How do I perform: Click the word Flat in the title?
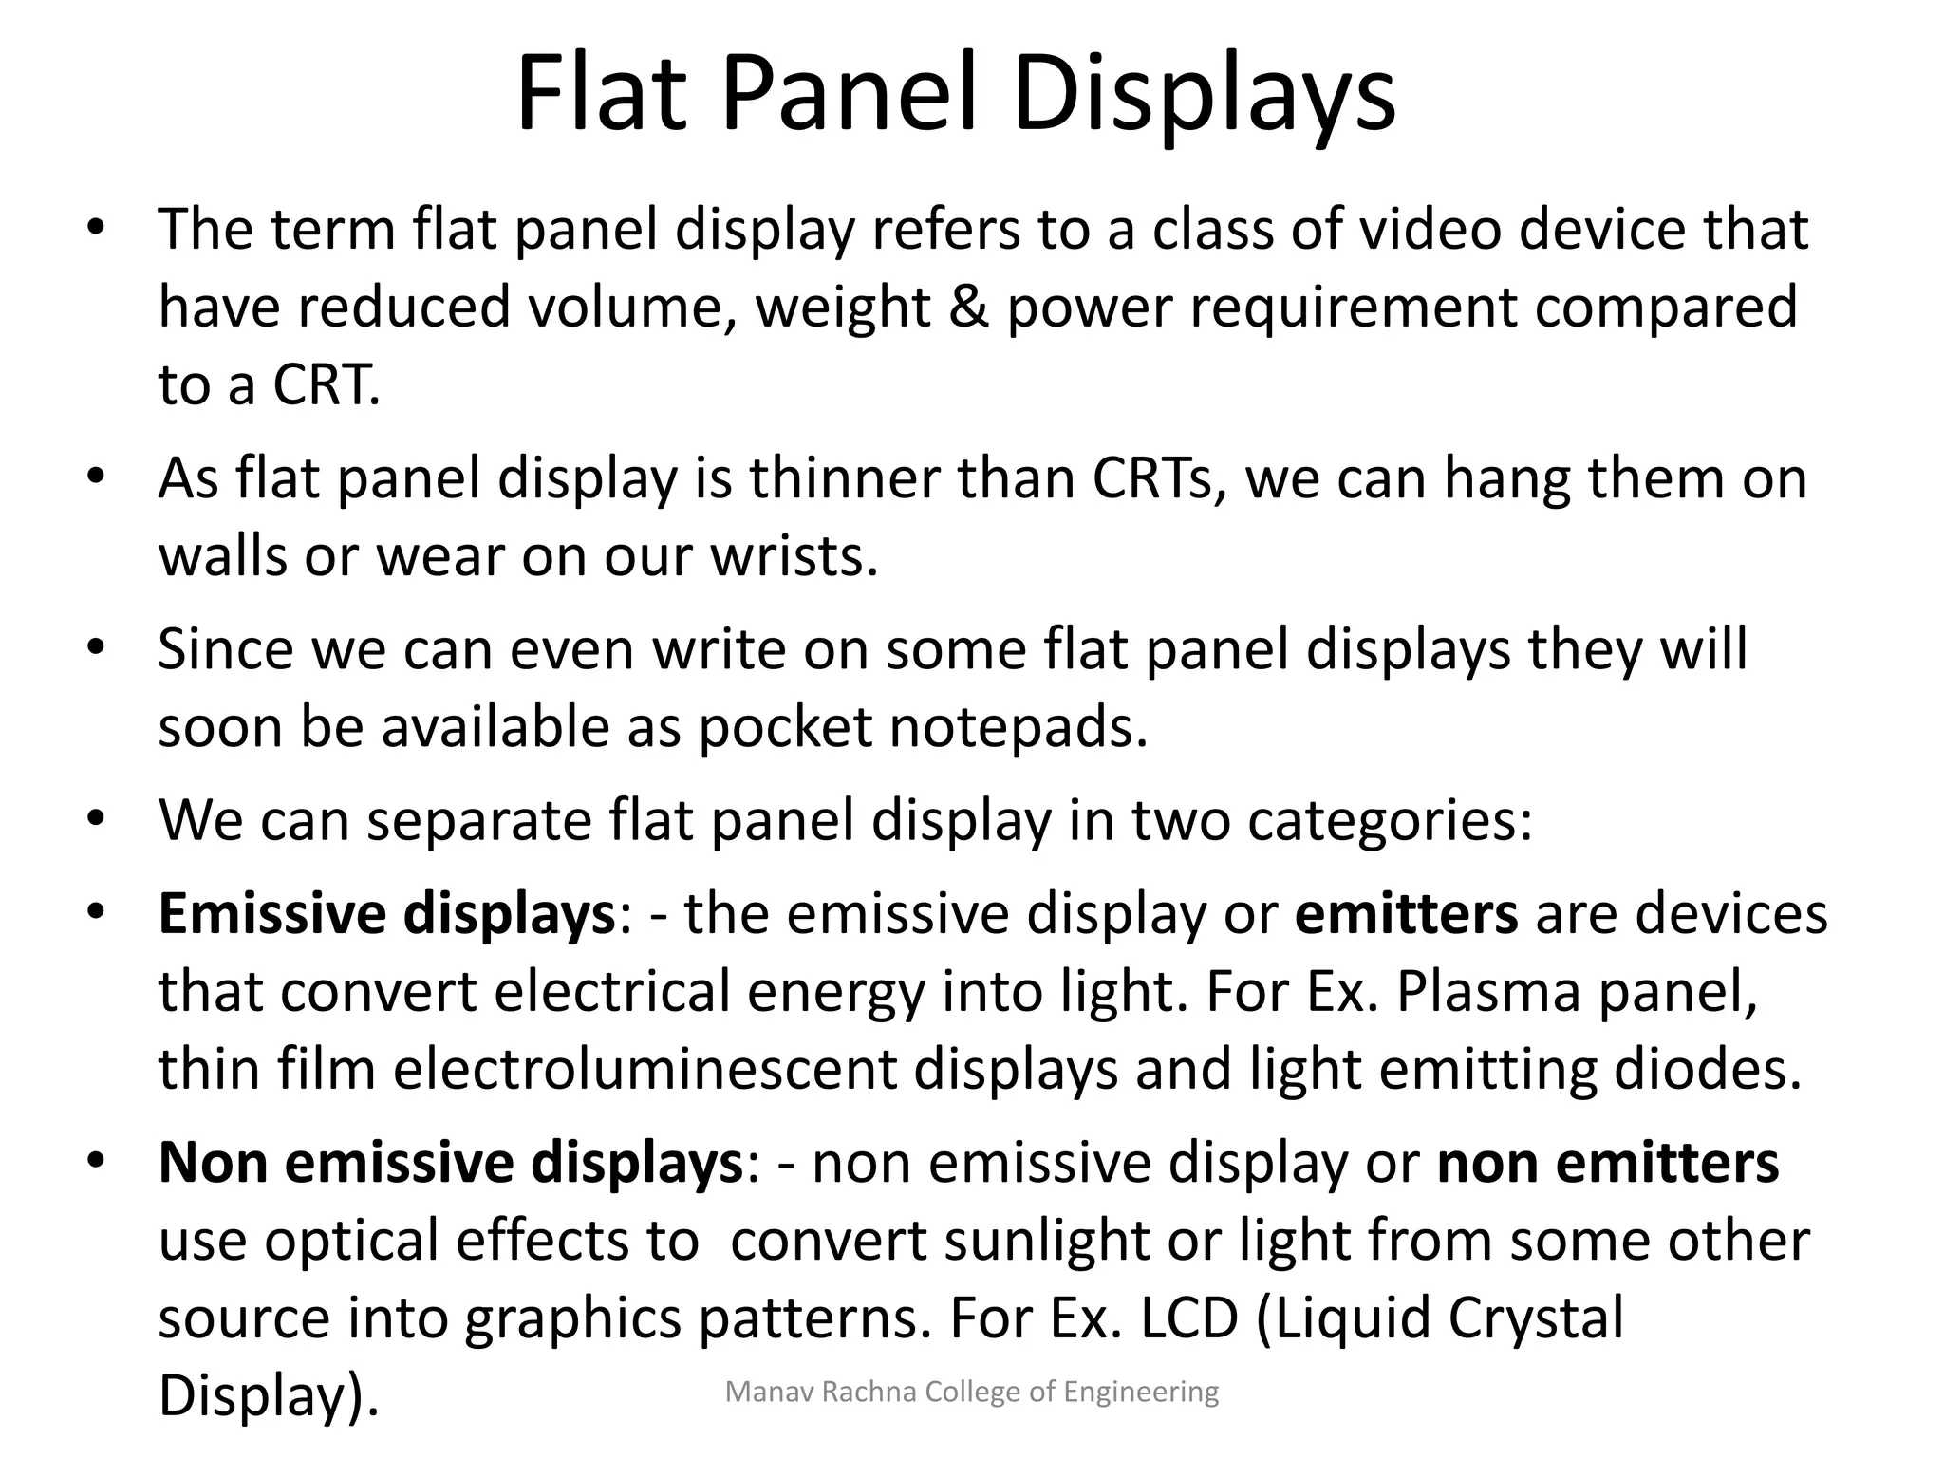(x=601, y=95)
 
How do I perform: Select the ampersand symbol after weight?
(x=968, y=308)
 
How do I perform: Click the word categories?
(x=1390, y=820)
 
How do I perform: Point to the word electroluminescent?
(x=645, y=1070)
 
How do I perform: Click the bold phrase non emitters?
(x=1608, y=1163)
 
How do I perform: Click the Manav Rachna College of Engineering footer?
(x=971, y=1393)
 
